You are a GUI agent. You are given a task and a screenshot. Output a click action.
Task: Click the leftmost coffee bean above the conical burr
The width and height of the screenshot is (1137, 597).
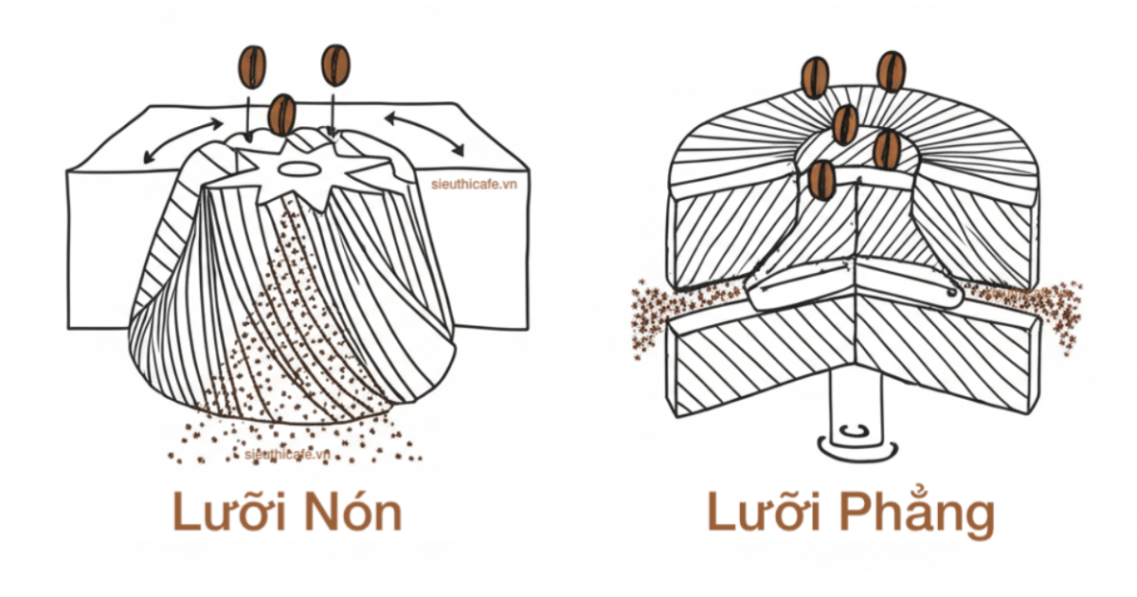coord(252,65)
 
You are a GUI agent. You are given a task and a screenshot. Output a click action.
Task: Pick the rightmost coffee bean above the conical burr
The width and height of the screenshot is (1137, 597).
coord(335,65)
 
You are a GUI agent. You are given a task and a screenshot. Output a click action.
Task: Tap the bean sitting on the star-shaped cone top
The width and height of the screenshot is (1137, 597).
coord(281,115)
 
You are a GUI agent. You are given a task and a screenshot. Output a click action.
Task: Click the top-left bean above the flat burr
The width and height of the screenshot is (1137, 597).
coord(815,78)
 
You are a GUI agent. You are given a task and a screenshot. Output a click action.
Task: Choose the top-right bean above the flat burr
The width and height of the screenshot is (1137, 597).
coord(891,71)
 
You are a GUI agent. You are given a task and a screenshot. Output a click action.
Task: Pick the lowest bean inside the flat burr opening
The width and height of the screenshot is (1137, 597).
coord(822,179)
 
